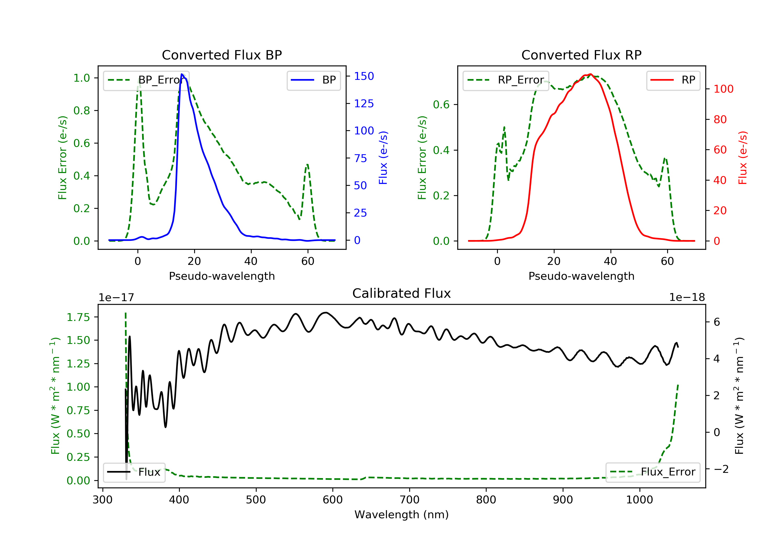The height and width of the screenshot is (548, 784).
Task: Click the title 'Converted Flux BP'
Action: (222, 55)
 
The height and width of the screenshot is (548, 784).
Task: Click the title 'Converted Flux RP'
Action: (581, 55)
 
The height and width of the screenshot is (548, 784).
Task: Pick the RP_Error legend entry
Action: (506, 80)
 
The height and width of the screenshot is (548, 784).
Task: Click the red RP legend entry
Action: (673, 80)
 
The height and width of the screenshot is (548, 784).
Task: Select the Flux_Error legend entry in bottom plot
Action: (653, 472)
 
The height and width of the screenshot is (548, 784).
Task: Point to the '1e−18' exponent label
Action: (687, 297)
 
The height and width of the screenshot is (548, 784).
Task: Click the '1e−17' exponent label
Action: (117, 297)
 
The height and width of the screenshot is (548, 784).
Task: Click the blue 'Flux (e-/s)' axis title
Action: (383, 158)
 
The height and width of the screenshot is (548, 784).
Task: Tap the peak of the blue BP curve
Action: (182, 74)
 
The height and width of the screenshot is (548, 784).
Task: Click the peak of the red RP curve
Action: (590, 74)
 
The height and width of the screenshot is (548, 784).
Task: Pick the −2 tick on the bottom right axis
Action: (721, 469)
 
